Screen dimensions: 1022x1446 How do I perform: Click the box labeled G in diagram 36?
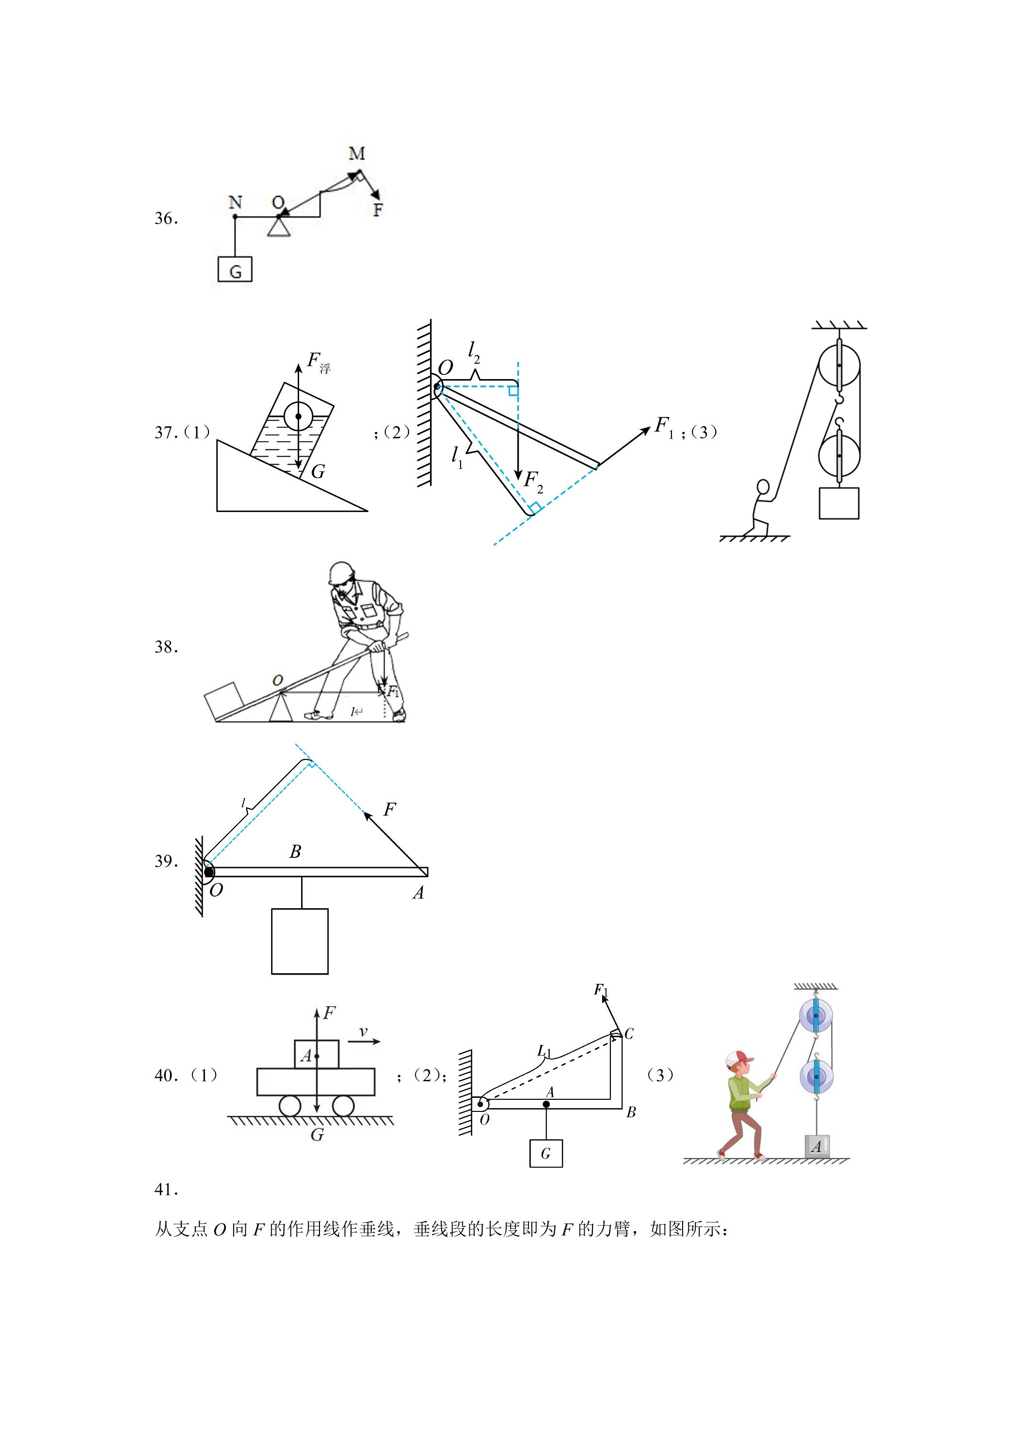tap(235, 270)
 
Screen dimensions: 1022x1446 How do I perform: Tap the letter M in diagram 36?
tap(356, 153)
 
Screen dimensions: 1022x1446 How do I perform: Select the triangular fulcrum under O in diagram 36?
tap(278, 225)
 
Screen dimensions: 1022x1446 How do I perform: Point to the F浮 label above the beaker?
tap(318, 362)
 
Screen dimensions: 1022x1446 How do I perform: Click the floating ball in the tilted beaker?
tap(298, 416)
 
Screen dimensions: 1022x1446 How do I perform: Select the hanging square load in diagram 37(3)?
tap(839, 503)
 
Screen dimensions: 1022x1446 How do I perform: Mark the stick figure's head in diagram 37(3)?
tap(763, 487)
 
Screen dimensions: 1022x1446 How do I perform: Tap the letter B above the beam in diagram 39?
tap(295, 852)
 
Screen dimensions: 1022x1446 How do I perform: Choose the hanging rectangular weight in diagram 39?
tap(300, 941)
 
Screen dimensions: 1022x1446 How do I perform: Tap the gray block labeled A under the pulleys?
tap(817, 1146)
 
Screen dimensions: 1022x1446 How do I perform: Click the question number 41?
tap(167, 1189)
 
